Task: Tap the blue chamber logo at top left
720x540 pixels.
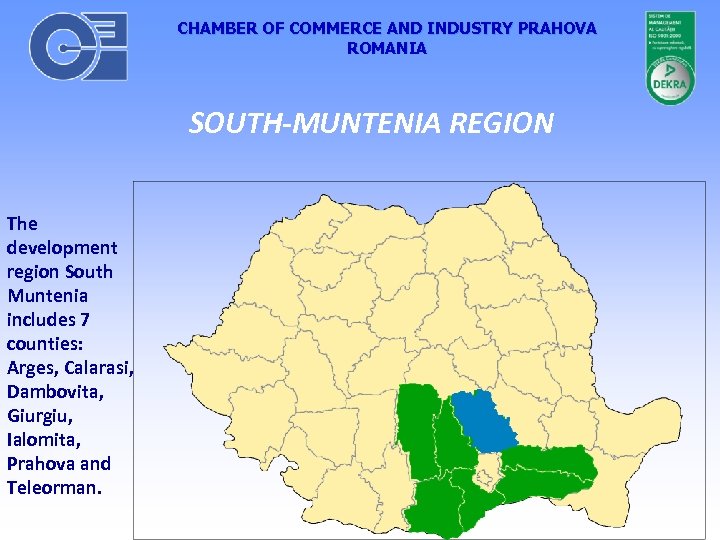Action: pyautogui.click(x=78, y=46)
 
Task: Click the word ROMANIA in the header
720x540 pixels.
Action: pyautogui.click(x=386, y=48)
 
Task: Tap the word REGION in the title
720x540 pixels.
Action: pyautogui.click(x=502, y=123)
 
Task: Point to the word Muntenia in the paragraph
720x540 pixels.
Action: pyautogui.click(x=47, y=295)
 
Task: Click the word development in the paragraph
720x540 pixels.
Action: pyautogui.click(x=62, y=247)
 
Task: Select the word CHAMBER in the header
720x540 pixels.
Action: pyautogui.click(x=212, y=28)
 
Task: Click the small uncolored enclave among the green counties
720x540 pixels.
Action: pyautogui.click(x=488, y=468)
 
